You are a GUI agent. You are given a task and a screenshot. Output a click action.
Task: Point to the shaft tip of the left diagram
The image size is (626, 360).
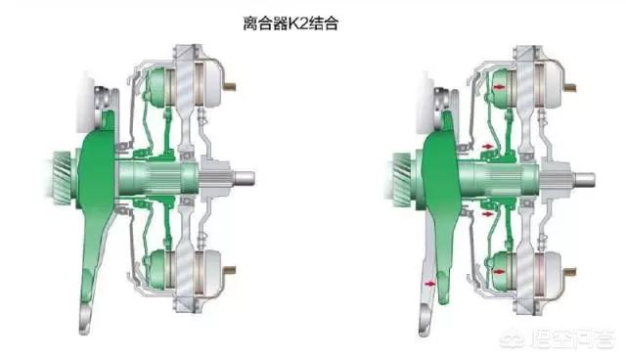pos(249,177)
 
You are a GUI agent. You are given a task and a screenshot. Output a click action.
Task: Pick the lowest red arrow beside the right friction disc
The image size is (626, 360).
pos(499,264)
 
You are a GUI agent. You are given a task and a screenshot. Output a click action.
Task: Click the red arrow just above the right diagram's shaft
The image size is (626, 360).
pos(489,148)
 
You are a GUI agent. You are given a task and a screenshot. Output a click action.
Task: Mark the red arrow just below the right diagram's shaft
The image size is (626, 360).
pos(489,208)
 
